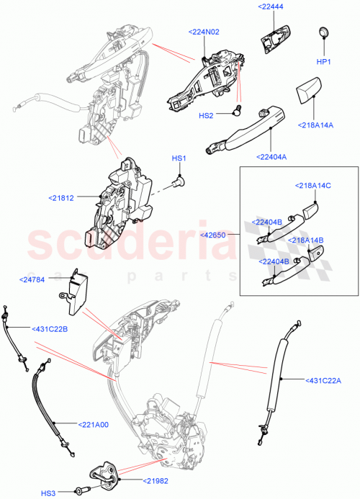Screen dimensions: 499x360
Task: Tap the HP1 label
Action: (x=324, y=61)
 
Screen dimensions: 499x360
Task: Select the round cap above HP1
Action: (x=323, y=32)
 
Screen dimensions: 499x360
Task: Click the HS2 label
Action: (x=206, y=115)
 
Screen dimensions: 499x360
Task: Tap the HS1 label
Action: (x=179, y=158)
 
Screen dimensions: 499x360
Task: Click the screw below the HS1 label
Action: (x=178, y=183)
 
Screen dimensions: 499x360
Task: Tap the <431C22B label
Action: (x=49, y=329)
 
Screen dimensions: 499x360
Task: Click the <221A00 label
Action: (x=89, y=424)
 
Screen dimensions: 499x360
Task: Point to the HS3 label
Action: (x=48, y=493)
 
